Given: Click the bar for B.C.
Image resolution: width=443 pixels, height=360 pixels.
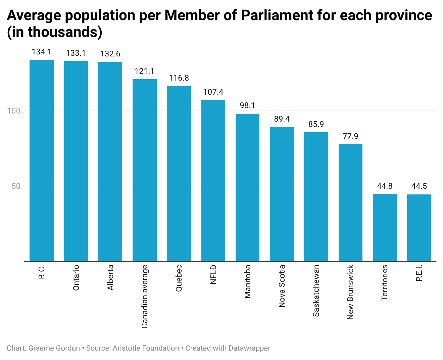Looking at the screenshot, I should click(42, 160).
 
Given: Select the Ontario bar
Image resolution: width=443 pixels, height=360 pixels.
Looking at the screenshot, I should click(76, 161).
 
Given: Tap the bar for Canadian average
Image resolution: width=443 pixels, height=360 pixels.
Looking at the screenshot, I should click(145, 170).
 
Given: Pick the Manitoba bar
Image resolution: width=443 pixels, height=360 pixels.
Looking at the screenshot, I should click(247, 187).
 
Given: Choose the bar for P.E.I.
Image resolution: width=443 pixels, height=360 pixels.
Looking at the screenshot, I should click(419, 228).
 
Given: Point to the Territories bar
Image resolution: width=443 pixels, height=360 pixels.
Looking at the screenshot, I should click(385, 227).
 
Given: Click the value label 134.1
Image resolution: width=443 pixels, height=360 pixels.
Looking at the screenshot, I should click(42, 52).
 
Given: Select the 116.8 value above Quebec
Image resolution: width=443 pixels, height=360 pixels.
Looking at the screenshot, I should click(179, 78).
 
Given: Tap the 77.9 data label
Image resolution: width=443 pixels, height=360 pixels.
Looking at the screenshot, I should click(350, 136).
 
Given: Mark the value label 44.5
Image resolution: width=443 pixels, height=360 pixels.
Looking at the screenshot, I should click(419, 186).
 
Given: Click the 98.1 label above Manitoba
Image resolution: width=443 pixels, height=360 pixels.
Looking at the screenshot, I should click(247, 106).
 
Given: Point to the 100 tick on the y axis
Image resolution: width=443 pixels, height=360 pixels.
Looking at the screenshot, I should click(14, 111).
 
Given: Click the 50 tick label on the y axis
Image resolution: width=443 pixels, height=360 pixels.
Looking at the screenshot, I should click(16, 186).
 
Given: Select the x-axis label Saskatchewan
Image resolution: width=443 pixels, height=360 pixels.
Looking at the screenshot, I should click(316, 291).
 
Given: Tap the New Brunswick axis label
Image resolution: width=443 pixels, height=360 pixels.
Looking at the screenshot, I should click(350, 292).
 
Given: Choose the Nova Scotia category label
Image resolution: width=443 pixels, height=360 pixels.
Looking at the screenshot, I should click(282, 286).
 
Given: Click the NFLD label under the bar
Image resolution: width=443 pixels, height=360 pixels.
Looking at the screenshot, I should click(213, 275).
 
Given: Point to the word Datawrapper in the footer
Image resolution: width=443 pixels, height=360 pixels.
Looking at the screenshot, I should click(249, 348).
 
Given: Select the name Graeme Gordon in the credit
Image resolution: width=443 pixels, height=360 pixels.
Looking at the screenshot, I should click(54, 348).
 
